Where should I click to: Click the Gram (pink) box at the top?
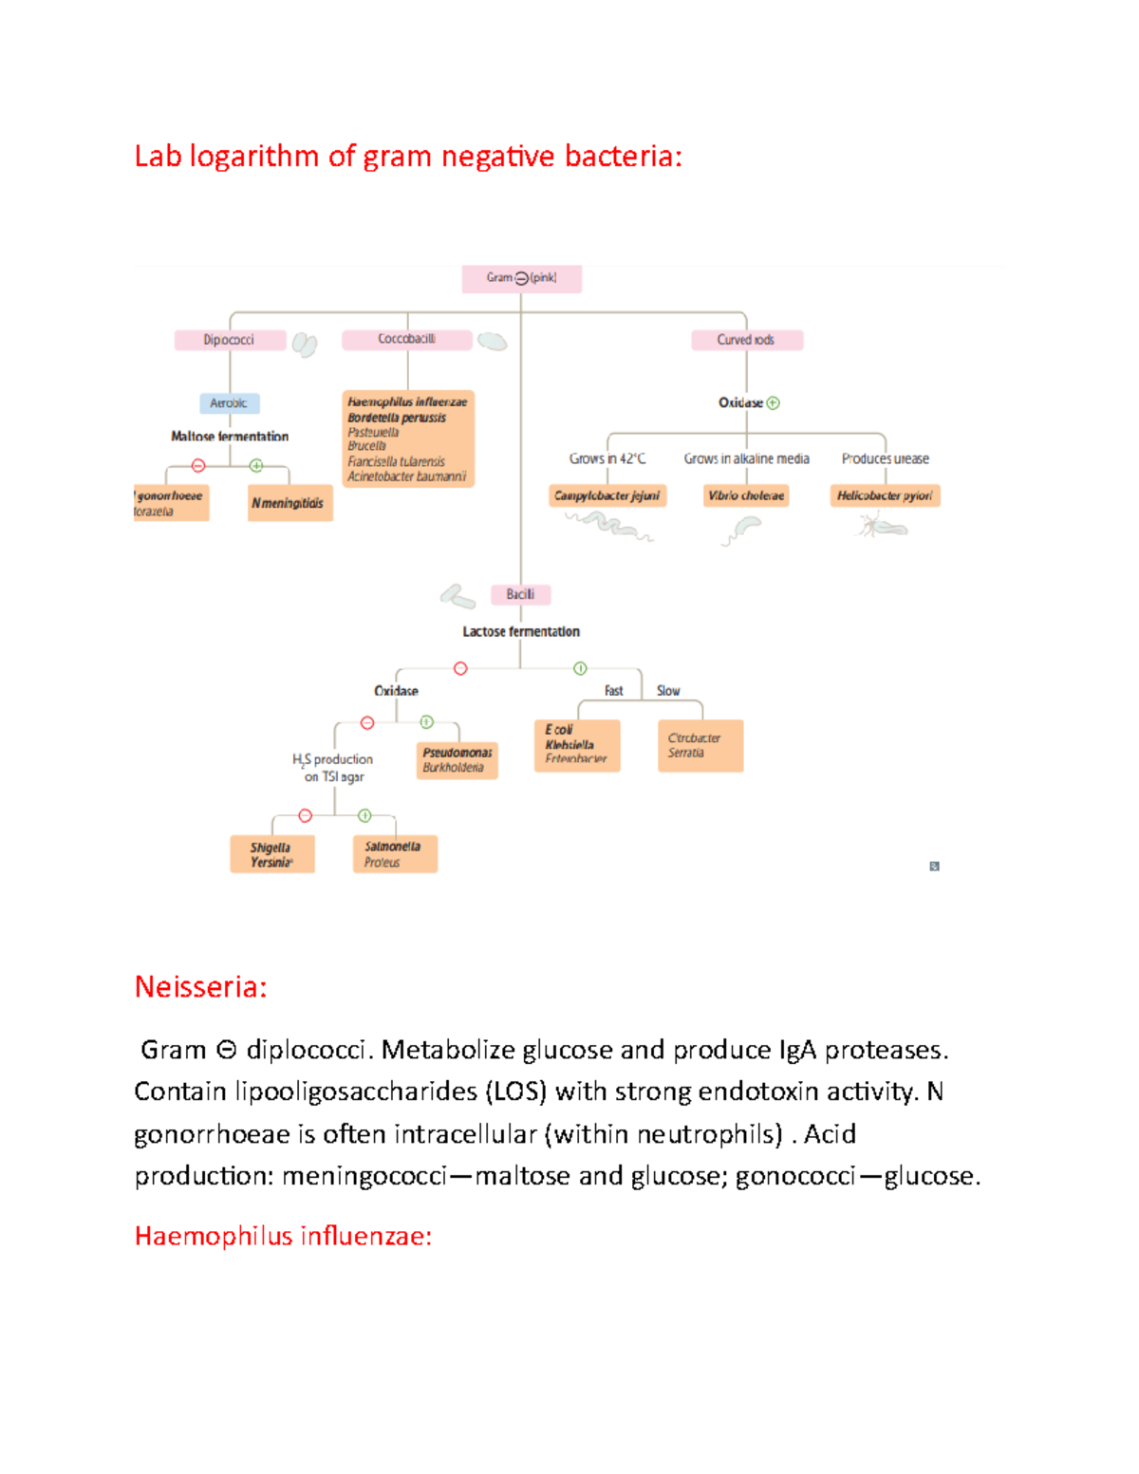click(521, 278)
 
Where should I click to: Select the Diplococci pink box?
click(230, 340)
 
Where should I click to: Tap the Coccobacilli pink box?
click(406, 339)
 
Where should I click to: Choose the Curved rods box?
click(746, 340)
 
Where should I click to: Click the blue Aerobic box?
click(229, 403)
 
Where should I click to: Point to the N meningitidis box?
click(289, 503)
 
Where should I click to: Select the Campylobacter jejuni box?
click(607, 495)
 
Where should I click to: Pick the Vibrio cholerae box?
click(746, 495)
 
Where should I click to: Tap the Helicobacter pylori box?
click(885, 495)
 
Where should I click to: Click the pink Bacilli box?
click(520, 594)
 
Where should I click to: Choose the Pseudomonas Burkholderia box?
click(457, 759)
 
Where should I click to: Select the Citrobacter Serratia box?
click(700, 745)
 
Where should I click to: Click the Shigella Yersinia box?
click(271, 854)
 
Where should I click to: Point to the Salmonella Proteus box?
click(394, 854)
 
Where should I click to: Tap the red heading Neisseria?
click(200, 987)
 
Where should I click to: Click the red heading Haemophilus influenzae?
click(283, 1236)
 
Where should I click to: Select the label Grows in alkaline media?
click(746, 458)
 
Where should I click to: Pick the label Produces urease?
click(885, 458)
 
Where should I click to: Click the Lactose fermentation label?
click(521, 631)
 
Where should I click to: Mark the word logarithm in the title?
click(254, 156)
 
